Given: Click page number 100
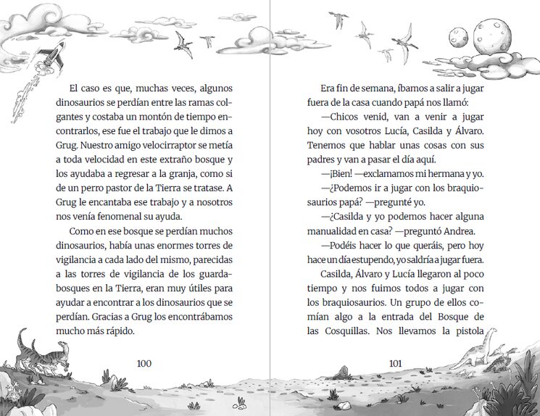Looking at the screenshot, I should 144,363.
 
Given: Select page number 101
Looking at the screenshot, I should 396,363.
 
